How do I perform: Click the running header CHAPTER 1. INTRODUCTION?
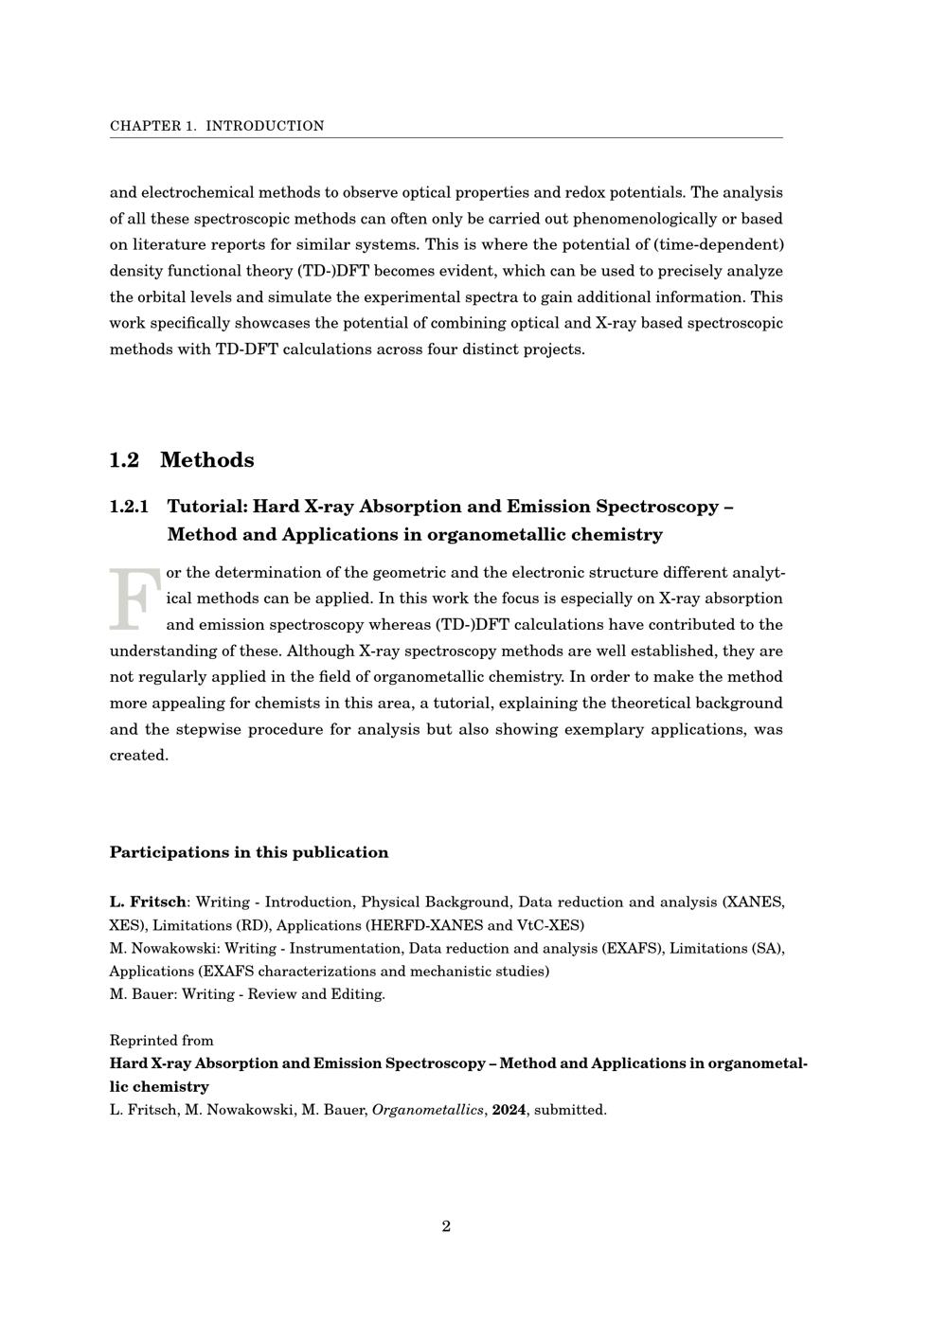pyautogui.click(x=217, y=126)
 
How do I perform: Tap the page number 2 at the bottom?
pyautogui.click(x=446, y=1226)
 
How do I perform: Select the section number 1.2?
pyautogui.click(x=124, y=460)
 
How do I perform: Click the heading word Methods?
pyautogui.click(x=206, y=460)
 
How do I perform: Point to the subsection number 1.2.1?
pyautogui.click(x=129, y=507)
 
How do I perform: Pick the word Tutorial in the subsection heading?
pyautogui.click(x=206, y=507)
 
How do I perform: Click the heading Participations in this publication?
pyautogui.click(x=249, y=852)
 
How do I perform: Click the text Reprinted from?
pyautogui.click(x=161, y=1040)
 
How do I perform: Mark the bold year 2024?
pyautogui.click(x=509, y=1110)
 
